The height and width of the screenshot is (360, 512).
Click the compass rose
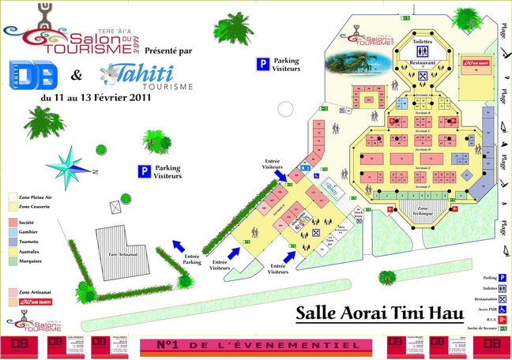(70, 167)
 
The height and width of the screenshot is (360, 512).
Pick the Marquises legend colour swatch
(13, 260)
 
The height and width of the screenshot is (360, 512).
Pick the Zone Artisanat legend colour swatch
(13, 292)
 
